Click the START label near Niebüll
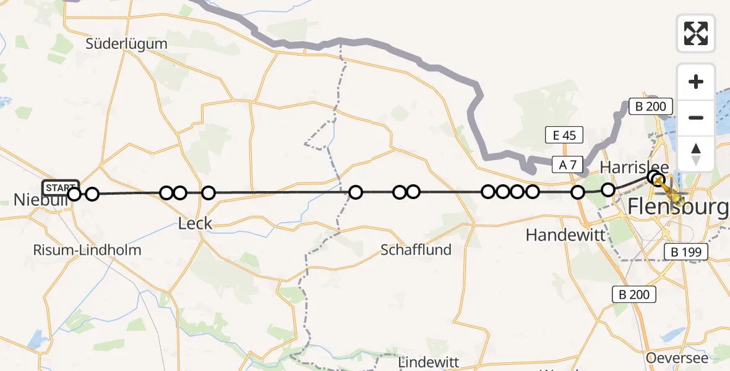(61, 187)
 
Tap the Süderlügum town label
(127, 44)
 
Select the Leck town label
(195, 223)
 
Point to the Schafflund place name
(416, 250)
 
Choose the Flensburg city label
(678, 207)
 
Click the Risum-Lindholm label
(87, 250)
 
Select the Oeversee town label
(676, 358)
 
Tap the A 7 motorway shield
(568, 164)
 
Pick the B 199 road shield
(685, 252)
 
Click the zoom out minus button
(696, 118)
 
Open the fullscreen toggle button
(696, 33)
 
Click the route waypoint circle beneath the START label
(74, 195)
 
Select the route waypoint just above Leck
(208, 193)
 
